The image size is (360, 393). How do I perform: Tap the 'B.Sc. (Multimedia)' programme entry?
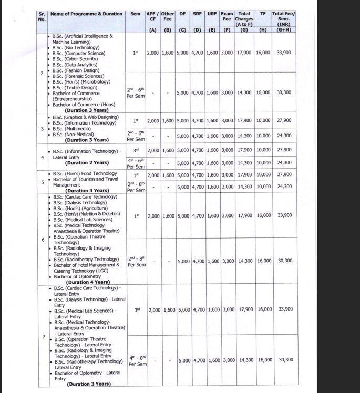pyautogui.click(x=74, y=128)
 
